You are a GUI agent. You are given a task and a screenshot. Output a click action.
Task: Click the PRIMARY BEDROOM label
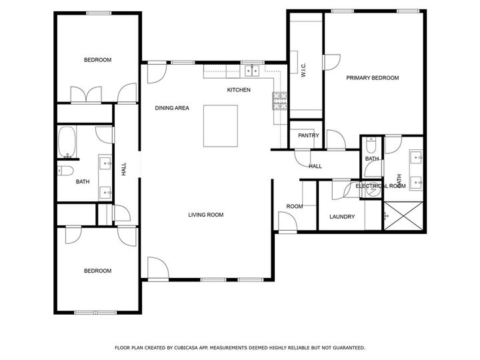[372, 78]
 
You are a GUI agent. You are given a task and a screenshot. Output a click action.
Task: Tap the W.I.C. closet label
[303, 69]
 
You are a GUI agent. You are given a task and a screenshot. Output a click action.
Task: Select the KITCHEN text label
[239, 90]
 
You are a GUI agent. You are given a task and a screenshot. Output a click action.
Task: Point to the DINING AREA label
[172, 108]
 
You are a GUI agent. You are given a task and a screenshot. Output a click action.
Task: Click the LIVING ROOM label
[205, 215]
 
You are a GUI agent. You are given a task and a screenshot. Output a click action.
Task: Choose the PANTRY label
[309, 135]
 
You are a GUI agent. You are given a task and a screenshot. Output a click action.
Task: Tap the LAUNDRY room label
[342, 217]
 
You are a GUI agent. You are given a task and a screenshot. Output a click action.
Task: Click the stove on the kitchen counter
[277, 100]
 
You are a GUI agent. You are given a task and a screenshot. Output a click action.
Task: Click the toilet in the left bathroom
[64, 170]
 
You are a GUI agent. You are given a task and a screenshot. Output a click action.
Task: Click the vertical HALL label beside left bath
[124, 170]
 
